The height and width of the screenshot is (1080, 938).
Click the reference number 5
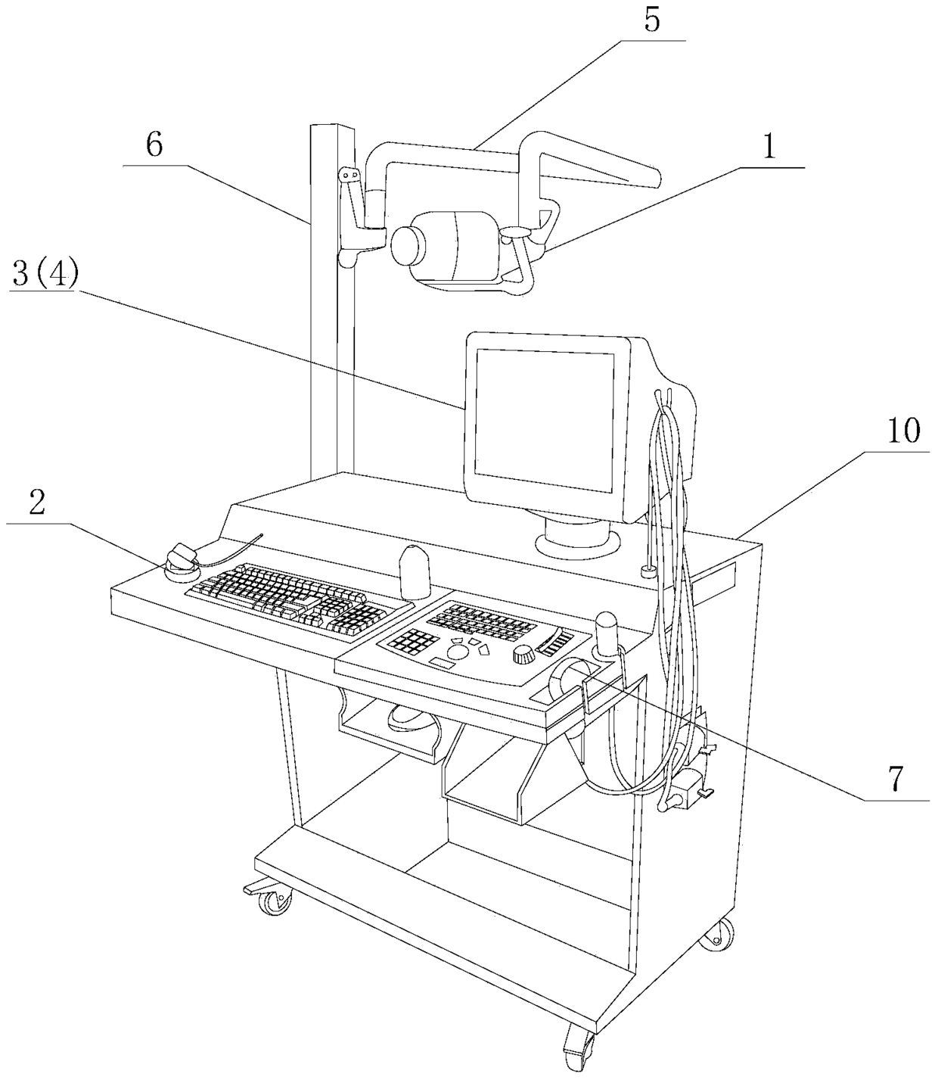pyautogui.click(x=652, y=20)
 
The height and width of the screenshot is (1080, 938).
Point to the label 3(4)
pyautogui.click(x=45, y=274)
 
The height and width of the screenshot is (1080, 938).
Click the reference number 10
pyautogui.click(x=903, y=430)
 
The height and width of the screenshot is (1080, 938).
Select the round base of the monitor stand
pyautogui.click(x=578, y=544)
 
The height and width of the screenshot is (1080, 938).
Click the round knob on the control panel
pyautogui.click(x=524, y=655)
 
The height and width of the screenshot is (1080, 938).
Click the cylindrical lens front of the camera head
pyautogui.click(x=408, y=246)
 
